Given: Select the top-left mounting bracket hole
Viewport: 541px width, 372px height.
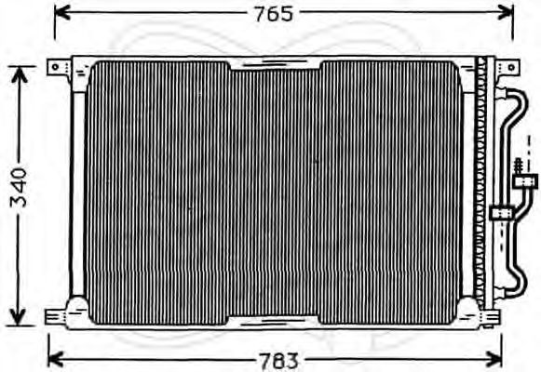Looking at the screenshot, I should pyautogui.click(x=58, y=68).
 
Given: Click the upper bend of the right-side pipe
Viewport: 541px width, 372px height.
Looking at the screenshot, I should pyautogui.click(x=508, y=94).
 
